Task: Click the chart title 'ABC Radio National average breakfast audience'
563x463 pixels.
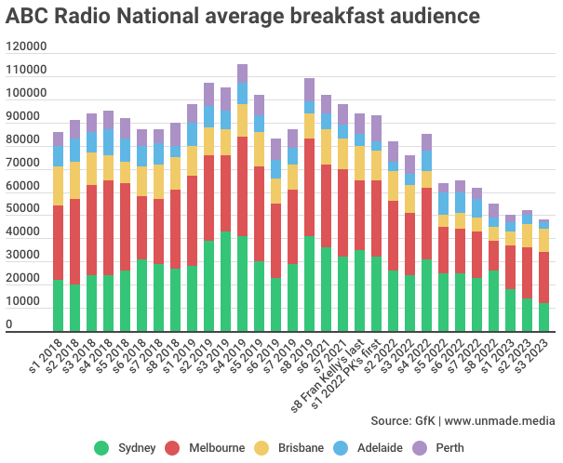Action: (243, 17)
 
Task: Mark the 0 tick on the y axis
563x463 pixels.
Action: (9, 325)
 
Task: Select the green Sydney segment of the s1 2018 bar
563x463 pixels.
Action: (58, 305)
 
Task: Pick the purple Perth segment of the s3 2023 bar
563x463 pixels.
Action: (543, 223)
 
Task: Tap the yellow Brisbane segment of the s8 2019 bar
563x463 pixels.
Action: (309, 126)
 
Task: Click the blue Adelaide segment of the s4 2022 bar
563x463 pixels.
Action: (426, 160)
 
